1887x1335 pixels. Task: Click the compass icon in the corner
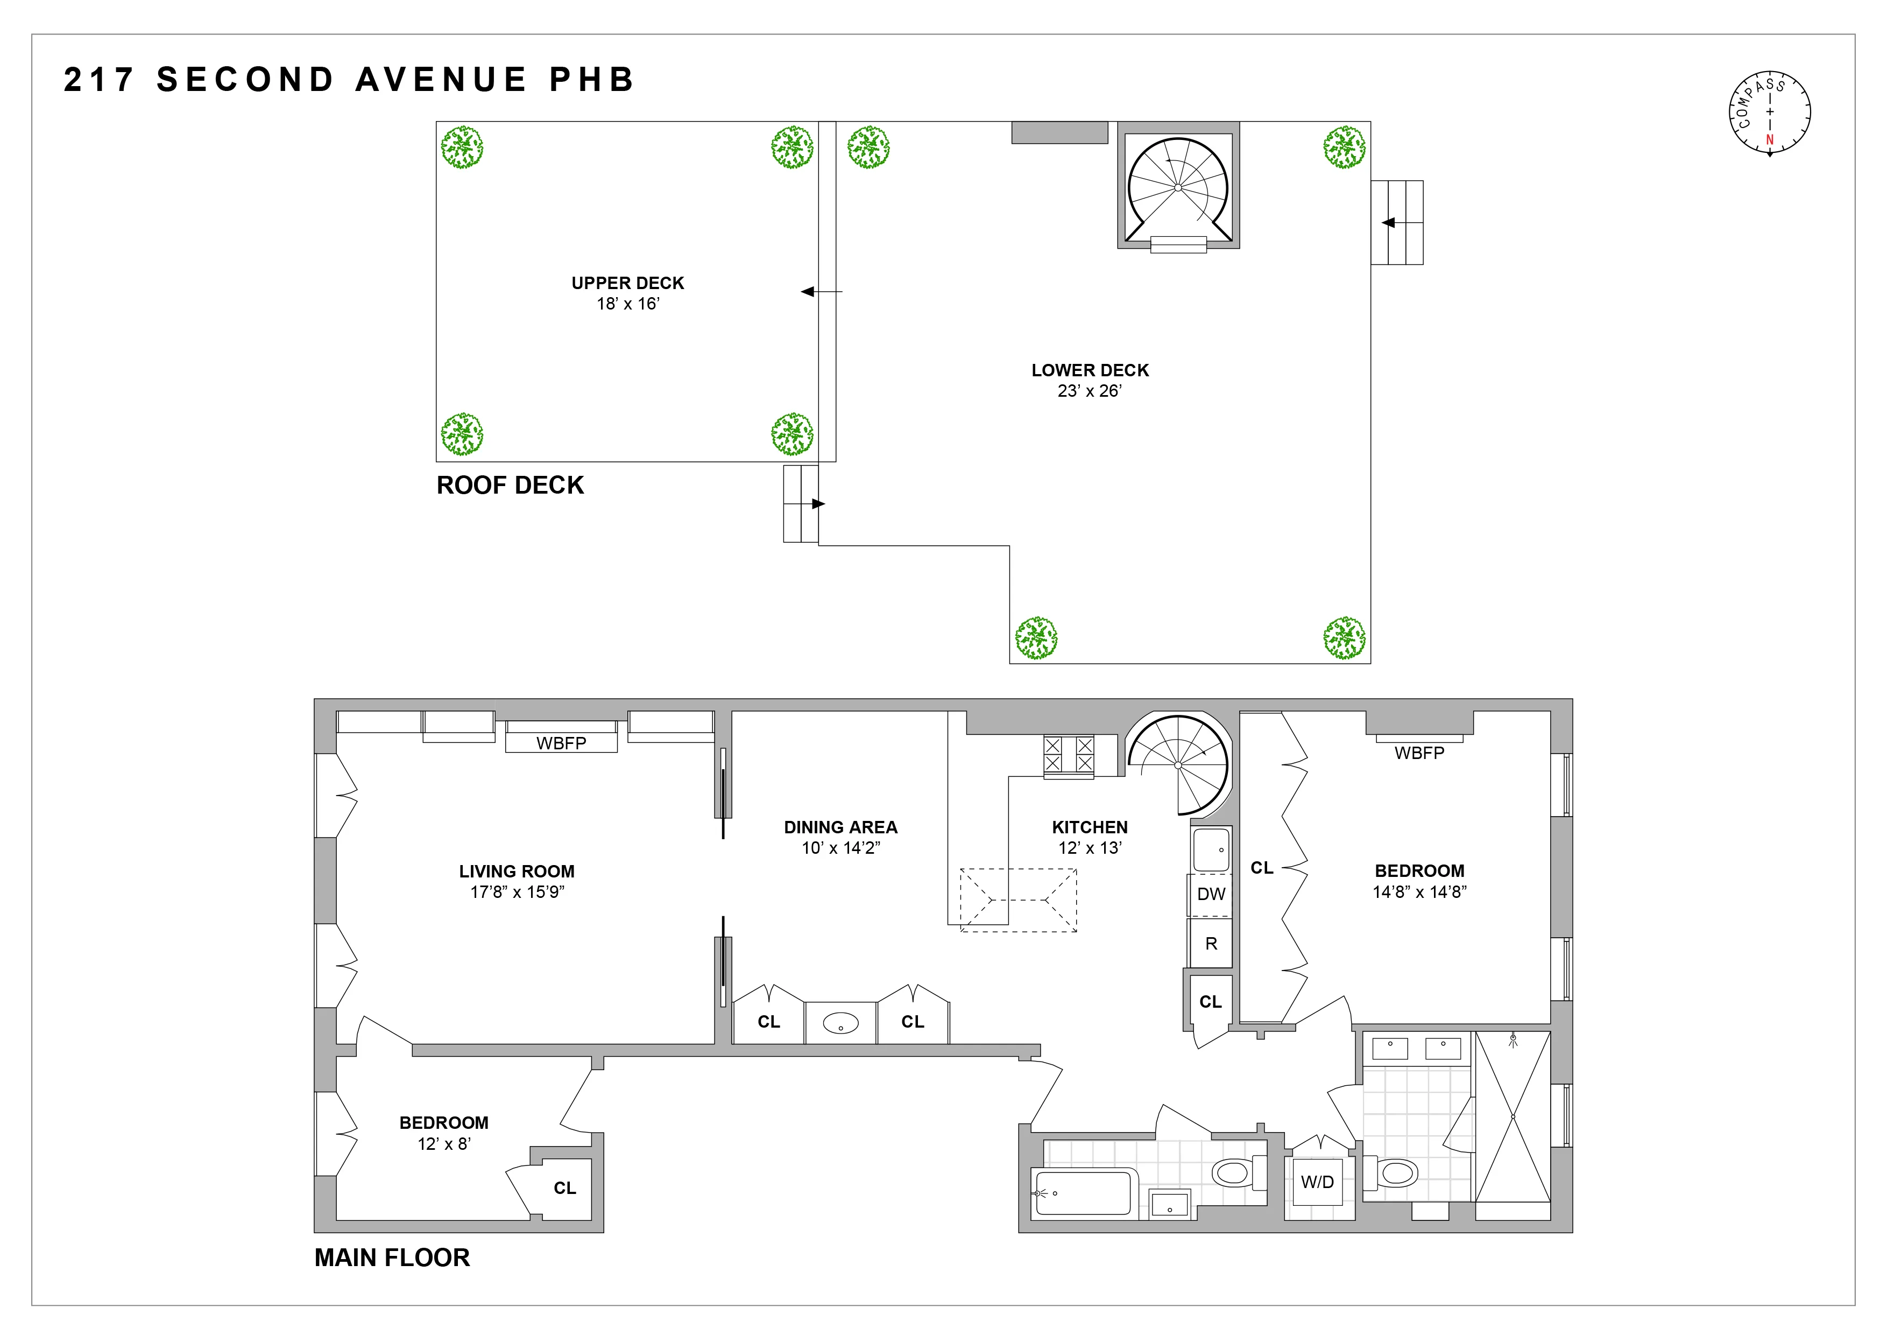coord(1770,113)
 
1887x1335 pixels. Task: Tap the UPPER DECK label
coord(628,283)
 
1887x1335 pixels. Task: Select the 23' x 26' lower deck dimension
coord(1089,391)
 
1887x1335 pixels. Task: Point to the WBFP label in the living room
coord(561,743)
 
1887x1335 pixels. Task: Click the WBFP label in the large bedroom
coord(1419,753)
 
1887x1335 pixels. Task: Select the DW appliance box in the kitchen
coord(1211,894)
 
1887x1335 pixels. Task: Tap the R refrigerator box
coord(1211,944)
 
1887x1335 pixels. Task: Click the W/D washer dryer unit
coord(1317,1182)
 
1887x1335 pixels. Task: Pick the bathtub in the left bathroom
coord(1083,1193)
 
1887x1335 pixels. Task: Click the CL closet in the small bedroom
coord(564,1188)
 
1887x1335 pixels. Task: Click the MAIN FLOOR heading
coord(392,1257)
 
